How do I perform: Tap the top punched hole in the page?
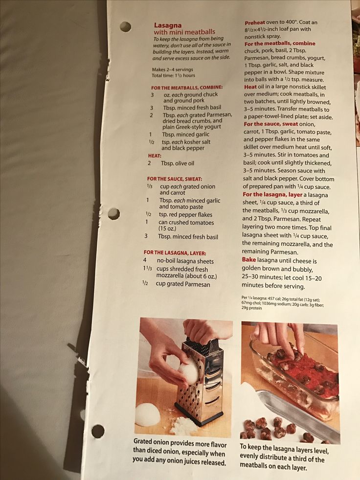tap(125, 26)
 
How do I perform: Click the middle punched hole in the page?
tap(113, 214)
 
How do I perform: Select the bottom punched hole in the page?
tap(98, 431)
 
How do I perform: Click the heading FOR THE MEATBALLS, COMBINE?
tap(187, 88)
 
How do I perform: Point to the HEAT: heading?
tap(155, 156)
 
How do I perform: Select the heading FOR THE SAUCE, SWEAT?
tap(175, 179)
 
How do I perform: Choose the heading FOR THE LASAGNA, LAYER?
tap(175, 253)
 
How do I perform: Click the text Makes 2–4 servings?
tap(172, 69)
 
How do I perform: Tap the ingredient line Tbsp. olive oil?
tap(178, 163)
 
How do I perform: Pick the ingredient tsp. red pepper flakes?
tap(185, 215)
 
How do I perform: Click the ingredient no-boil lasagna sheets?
tap(185, 261)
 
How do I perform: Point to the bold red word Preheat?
tap(255, 23)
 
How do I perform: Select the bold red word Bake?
tap(248, 260)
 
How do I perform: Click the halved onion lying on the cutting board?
tap(147, 414)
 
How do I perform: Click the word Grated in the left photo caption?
tap(142, 442)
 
